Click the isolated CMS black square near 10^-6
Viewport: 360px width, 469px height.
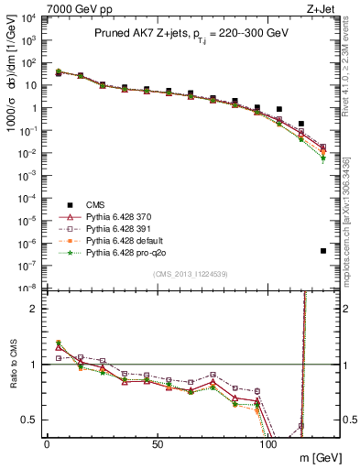click(x=323, y=251)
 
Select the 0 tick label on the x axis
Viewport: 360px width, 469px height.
click(x=47, y=443)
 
